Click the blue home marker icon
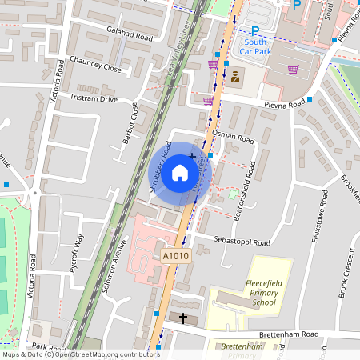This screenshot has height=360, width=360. point(180,172)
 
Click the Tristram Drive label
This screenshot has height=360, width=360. point(94,98)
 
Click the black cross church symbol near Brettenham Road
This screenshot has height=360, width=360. point(183,318)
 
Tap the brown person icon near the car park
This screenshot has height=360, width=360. point(235,78)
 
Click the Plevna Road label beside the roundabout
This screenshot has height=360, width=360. point(285,104)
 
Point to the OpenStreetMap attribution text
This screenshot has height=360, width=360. point(81,354)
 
